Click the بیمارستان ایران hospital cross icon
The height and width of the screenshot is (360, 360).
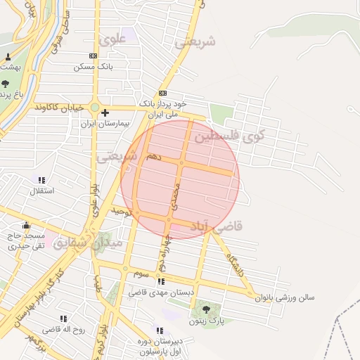[105, 112]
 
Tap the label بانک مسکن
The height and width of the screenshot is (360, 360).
[94, 66]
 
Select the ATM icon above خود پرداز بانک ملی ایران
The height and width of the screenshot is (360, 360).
[163, 94]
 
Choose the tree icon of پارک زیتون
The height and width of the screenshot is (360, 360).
[206, 309]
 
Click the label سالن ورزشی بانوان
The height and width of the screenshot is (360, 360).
[285, 297]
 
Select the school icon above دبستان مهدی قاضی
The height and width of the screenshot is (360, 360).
[161, 281]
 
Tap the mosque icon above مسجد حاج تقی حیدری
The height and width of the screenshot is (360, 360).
[27, 225]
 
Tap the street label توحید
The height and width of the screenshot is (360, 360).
[121, 210]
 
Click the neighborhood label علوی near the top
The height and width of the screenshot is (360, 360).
[112, 40]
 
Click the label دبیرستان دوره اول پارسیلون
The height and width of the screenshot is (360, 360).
[157, 346]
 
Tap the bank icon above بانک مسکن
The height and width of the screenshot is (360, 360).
[94, 56]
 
